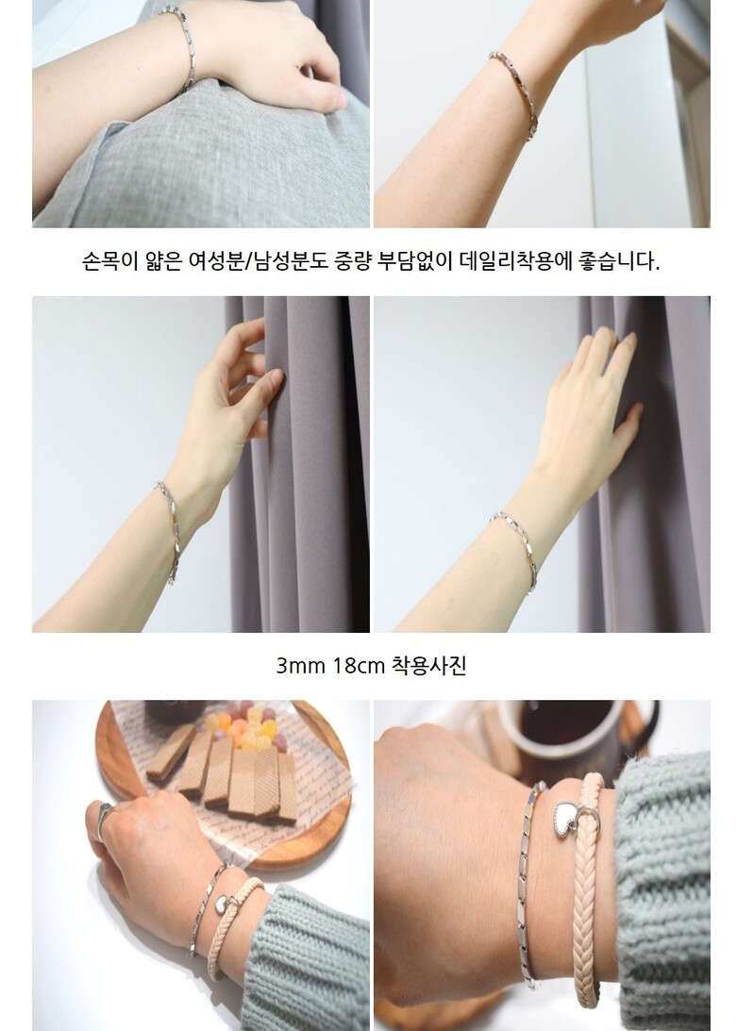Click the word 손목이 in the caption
tap(109, 261)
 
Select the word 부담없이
tap(417, 261)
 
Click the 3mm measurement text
tap(300, 666)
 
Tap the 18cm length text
tap(359, 666)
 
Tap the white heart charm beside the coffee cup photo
tap(566, 820)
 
